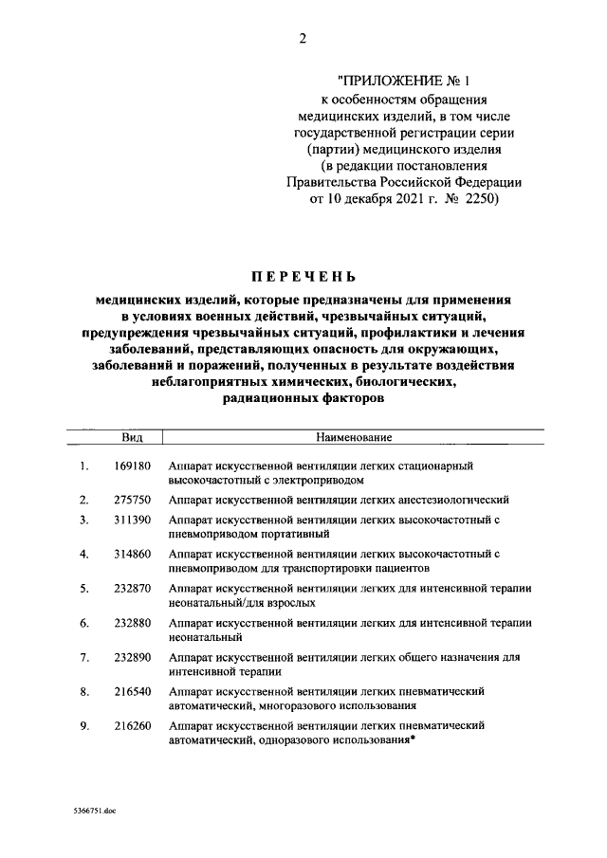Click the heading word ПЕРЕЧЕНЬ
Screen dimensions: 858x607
(x=303, y=278)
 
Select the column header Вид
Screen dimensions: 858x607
(x=132, y=438)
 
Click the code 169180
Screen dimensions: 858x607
(x=133, y=466)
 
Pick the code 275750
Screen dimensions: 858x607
(x=133, y=499)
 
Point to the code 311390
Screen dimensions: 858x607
(x=133, y=520)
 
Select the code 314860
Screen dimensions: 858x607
(x=133, y=554)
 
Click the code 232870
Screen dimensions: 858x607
(x=133, y=588)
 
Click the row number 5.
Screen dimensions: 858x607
(x=84, y=588)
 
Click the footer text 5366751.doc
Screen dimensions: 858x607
(x=94, y=812)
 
